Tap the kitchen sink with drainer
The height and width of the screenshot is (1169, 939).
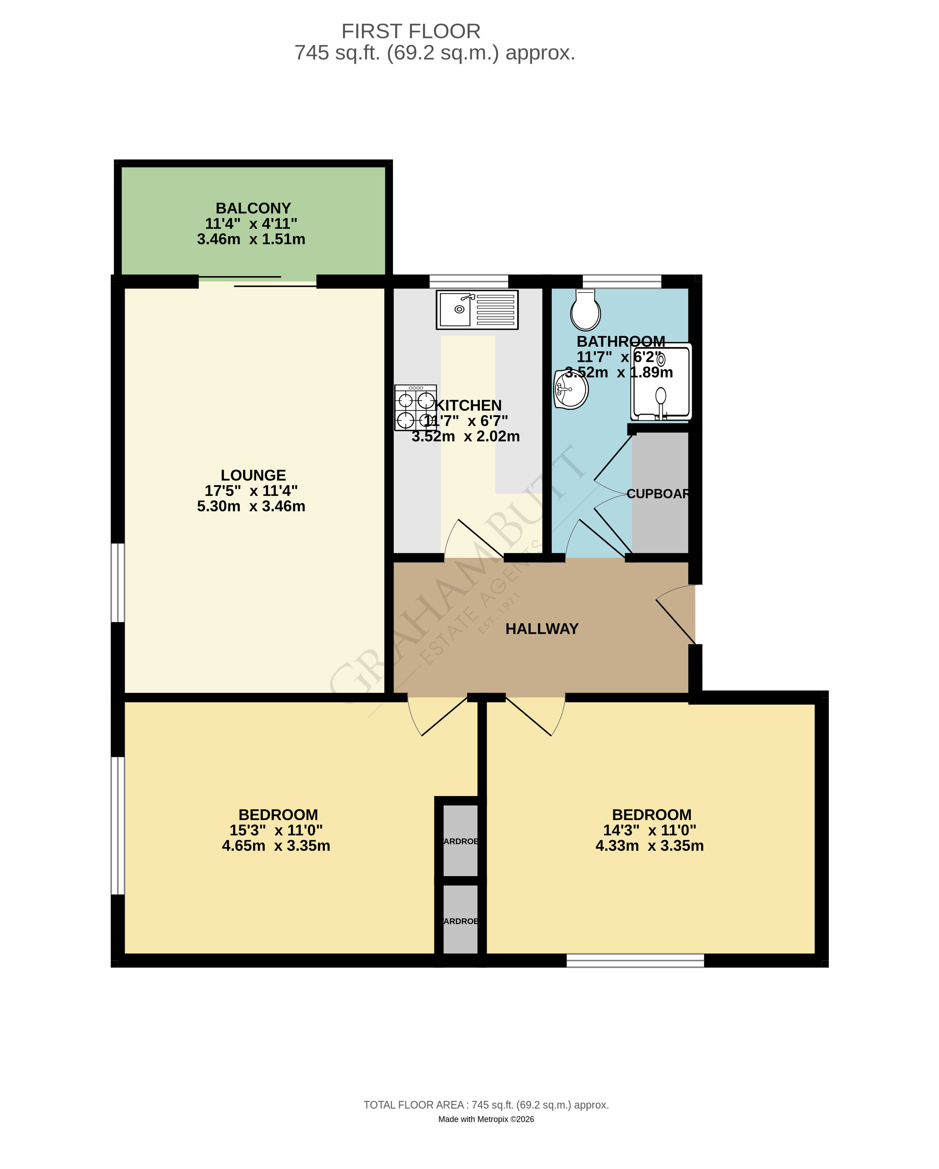pos(477,310)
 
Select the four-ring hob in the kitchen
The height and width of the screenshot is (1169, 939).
pos(415,408)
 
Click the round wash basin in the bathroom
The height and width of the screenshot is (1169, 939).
pos(571,389)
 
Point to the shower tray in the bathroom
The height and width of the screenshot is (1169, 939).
pos(661,382)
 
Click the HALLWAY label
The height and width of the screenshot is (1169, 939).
pos(542,629)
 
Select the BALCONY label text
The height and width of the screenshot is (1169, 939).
pos(253,208)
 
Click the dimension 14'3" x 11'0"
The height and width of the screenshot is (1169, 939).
pos(650,830)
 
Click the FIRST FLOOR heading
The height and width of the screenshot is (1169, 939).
pos(411,32)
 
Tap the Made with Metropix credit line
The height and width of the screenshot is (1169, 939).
pos(486,1119)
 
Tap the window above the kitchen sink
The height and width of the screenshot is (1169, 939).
pos(469,281)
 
